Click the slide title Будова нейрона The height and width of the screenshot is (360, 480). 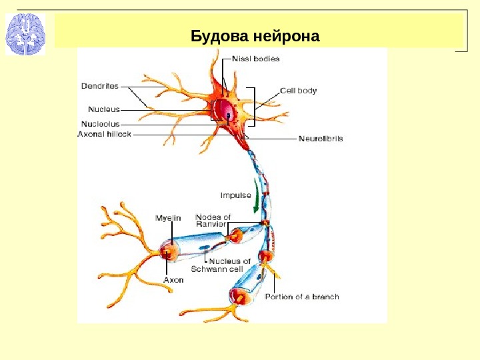coord(255,35)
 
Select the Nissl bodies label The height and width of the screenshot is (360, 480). coord(257,59)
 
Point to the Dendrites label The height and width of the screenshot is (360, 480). coord(100,86)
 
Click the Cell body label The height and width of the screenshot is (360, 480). coord(298,90)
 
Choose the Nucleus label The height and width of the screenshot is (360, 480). coord(104,108)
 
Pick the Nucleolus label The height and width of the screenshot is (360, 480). coord(100,123)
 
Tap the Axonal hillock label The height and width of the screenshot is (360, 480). coord(105,134)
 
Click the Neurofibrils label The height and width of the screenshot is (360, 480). coord(321,139)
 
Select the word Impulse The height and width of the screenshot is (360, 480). coord(236,195)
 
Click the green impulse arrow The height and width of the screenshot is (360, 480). coord(257,196)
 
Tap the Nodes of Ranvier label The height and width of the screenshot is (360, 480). coord(213,221)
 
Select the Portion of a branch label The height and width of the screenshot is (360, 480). coord(302,297)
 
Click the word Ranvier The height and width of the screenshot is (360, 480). coord(211,225)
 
